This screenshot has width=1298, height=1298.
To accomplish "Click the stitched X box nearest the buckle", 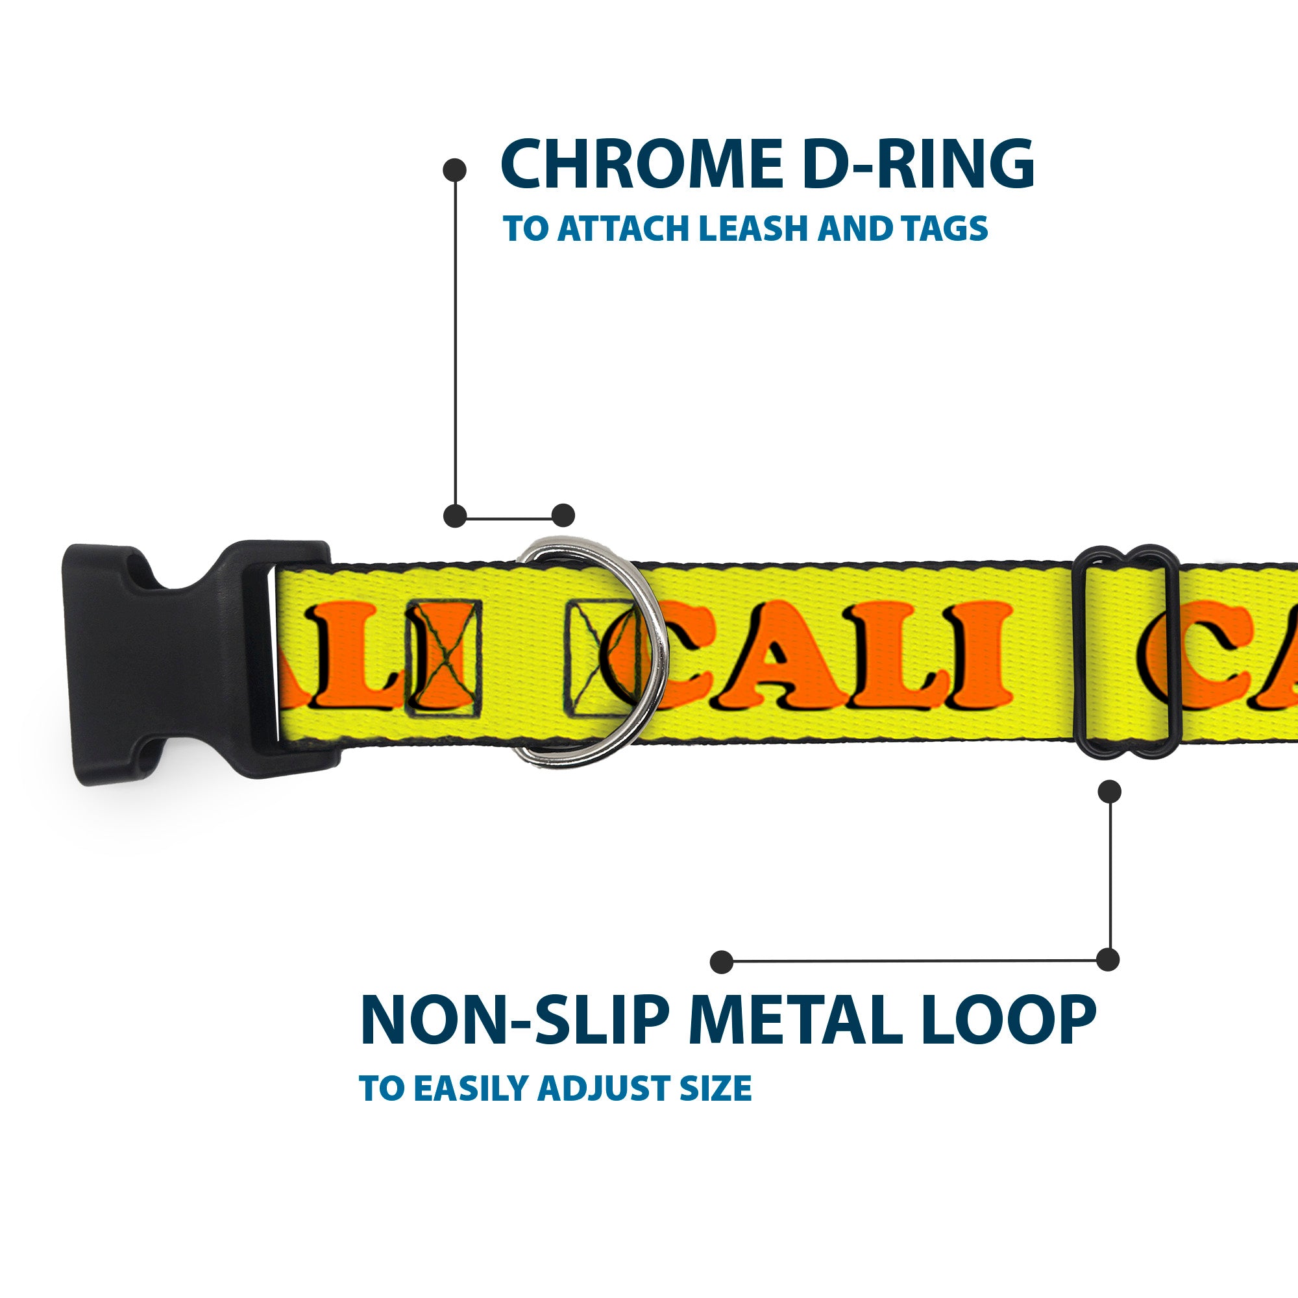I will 443,657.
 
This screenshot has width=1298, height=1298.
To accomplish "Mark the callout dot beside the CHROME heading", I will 455,170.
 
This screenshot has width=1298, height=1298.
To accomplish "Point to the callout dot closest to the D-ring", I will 563,515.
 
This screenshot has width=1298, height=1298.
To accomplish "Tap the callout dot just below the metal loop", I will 1109,791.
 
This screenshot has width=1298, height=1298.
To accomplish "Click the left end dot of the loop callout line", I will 722,962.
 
